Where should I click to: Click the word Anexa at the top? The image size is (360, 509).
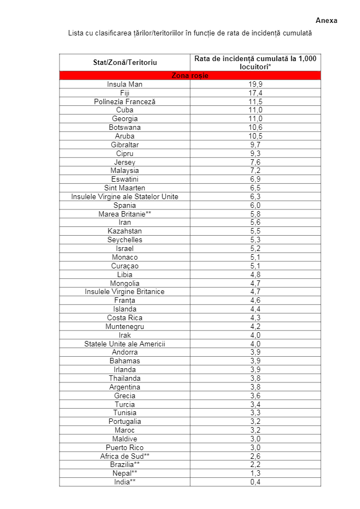click(326, 21)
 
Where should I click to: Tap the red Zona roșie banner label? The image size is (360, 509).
click(190, 76)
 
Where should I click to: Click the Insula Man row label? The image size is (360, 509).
click(124, 85)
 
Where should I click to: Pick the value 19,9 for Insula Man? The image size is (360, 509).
click(255, 85)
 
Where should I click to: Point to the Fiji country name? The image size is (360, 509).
click(124, 93)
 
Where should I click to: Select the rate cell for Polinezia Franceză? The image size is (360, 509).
click(255, 102)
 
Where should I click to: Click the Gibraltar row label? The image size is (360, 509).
click(124, 145)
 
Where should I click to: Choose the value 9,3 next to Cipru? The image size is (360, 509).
click(255, 153)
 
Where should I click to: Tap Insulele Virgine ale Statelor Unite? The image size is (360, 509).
click(124, 196)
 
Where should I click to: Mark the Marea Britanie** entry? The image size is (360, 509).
click(124, 214)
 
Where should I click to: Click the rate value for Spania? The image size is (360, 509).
click(255, 205)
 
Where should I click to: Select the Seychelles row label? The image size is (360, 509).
click(124, 239)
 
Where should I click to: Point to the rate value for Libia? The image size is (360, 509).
click(255, 274)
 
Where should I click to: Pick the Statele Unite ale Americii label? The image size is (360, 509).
click(124, 344)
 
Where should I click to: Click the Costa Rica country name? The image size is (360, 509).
click(124, 318)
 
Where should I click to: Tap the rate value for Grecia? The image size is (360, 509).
click(255, 396)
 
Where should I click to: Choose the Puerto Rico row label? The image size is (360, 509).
click(124, 447)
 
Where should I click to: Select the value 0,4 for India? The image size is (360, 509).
click(255, 482)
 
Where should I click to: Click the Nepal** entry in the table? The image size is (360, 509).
click(124, 473)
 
